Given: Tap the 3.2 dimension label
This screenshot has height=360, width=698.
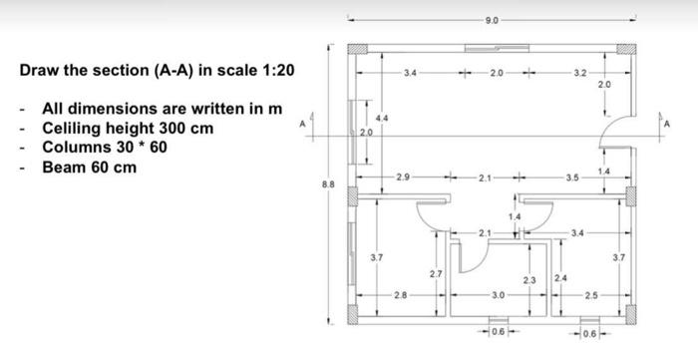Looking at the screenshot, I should click(x=580, y=73).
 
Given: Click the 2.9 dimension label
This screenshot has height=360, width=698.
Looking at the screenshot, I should click(x=403, y=177).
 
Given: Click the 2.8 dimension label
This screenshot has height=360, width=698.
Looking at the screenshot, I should click(x=400, y=296).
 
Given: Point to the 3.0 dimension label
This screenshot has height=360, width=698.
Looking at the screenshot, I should click(x=499, y=296).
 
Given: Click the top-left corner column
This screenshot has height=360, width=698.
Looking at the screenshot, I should click(x=355, y=49).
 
